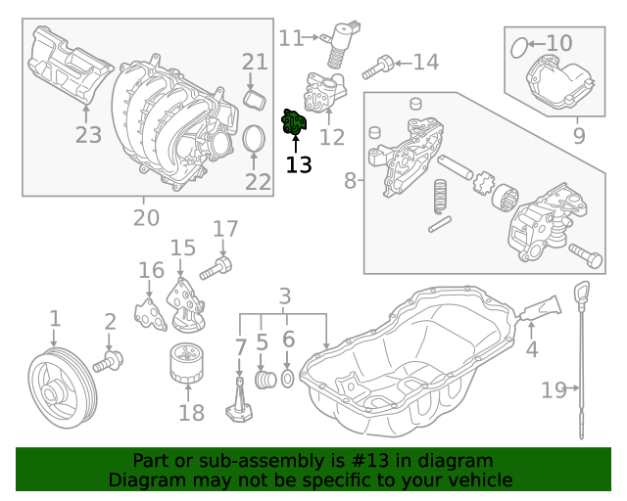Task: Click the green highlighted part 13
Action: (x=295, y=123)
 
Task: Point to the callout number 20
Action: (x=146, y=216)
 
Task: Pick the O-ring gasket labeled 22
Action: (x=254, y=139)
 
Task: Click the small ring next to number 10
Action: (x=523, y=43)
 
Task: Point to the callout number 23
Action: (x=88, y=134)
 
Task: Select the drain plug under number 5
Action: (x=263, y=379)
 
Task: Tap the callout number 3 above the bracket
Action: (x=285, y=295)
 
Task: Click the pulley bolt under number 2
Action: (x=108, y=362)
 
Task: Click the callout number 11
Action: (x=291, y=38)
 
